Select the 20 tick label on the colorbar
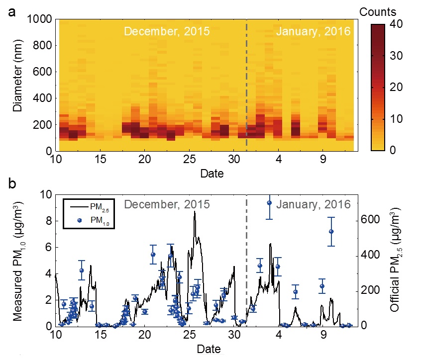[397, 87]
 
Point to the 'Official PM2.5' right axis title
[396, 260]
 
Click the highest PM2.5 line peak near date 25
[194, 211]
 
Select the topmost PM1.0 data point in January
[269, 203]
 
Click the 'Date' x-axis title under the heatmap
[211, 174]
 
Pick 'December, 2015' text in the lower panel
[167, 204]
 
